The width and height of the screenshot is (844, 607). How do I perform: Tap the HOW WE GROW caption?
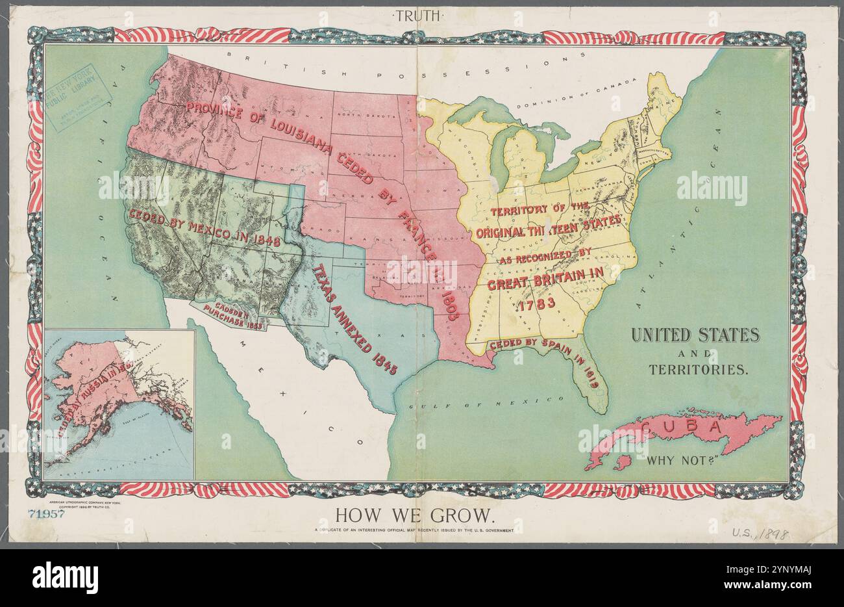[x=415, y=516]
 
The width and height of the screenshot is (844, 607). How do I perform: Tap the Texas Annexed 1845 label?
[x=354, y=318]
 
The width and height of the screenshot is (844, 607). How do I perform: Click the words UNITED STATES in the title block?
[x=695, y=335]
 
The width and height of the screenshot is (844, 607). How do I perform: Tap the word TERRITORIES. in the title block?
[x=699, y=369]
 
